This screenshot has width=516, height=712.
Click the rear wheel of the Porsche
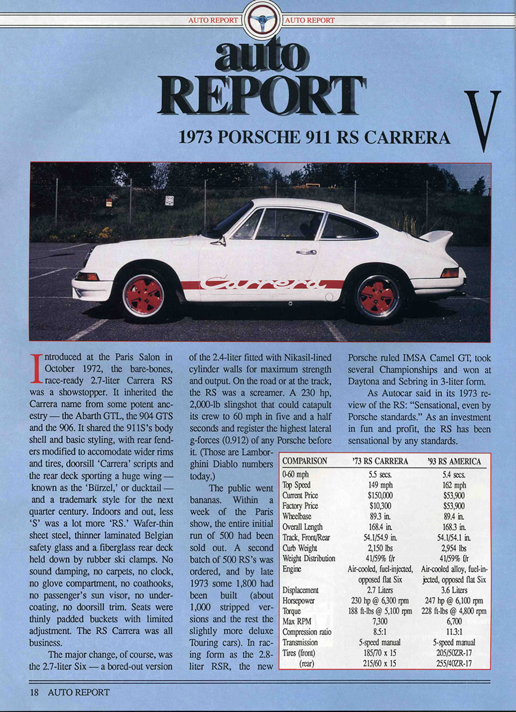(377, 296)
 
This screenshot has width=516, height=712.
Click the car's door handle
(306, 252)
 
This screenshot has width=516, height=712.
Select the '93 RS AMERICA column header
(454, 461)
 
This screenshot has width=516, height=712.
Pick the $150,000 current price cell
(380, 496)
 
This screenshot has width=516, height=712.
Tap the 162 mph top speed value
(454, 485)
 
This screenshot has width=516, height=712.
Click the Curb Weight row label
(300, 548)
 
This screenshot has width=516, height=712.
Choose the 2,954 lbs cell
(454, 548)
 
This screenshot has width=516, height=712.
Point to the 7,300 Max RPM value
(380, 621)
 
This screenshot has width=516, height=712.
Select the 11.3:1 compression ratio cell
(454, 632)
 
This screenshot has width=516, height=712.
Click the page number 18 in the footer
(36, 692)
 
